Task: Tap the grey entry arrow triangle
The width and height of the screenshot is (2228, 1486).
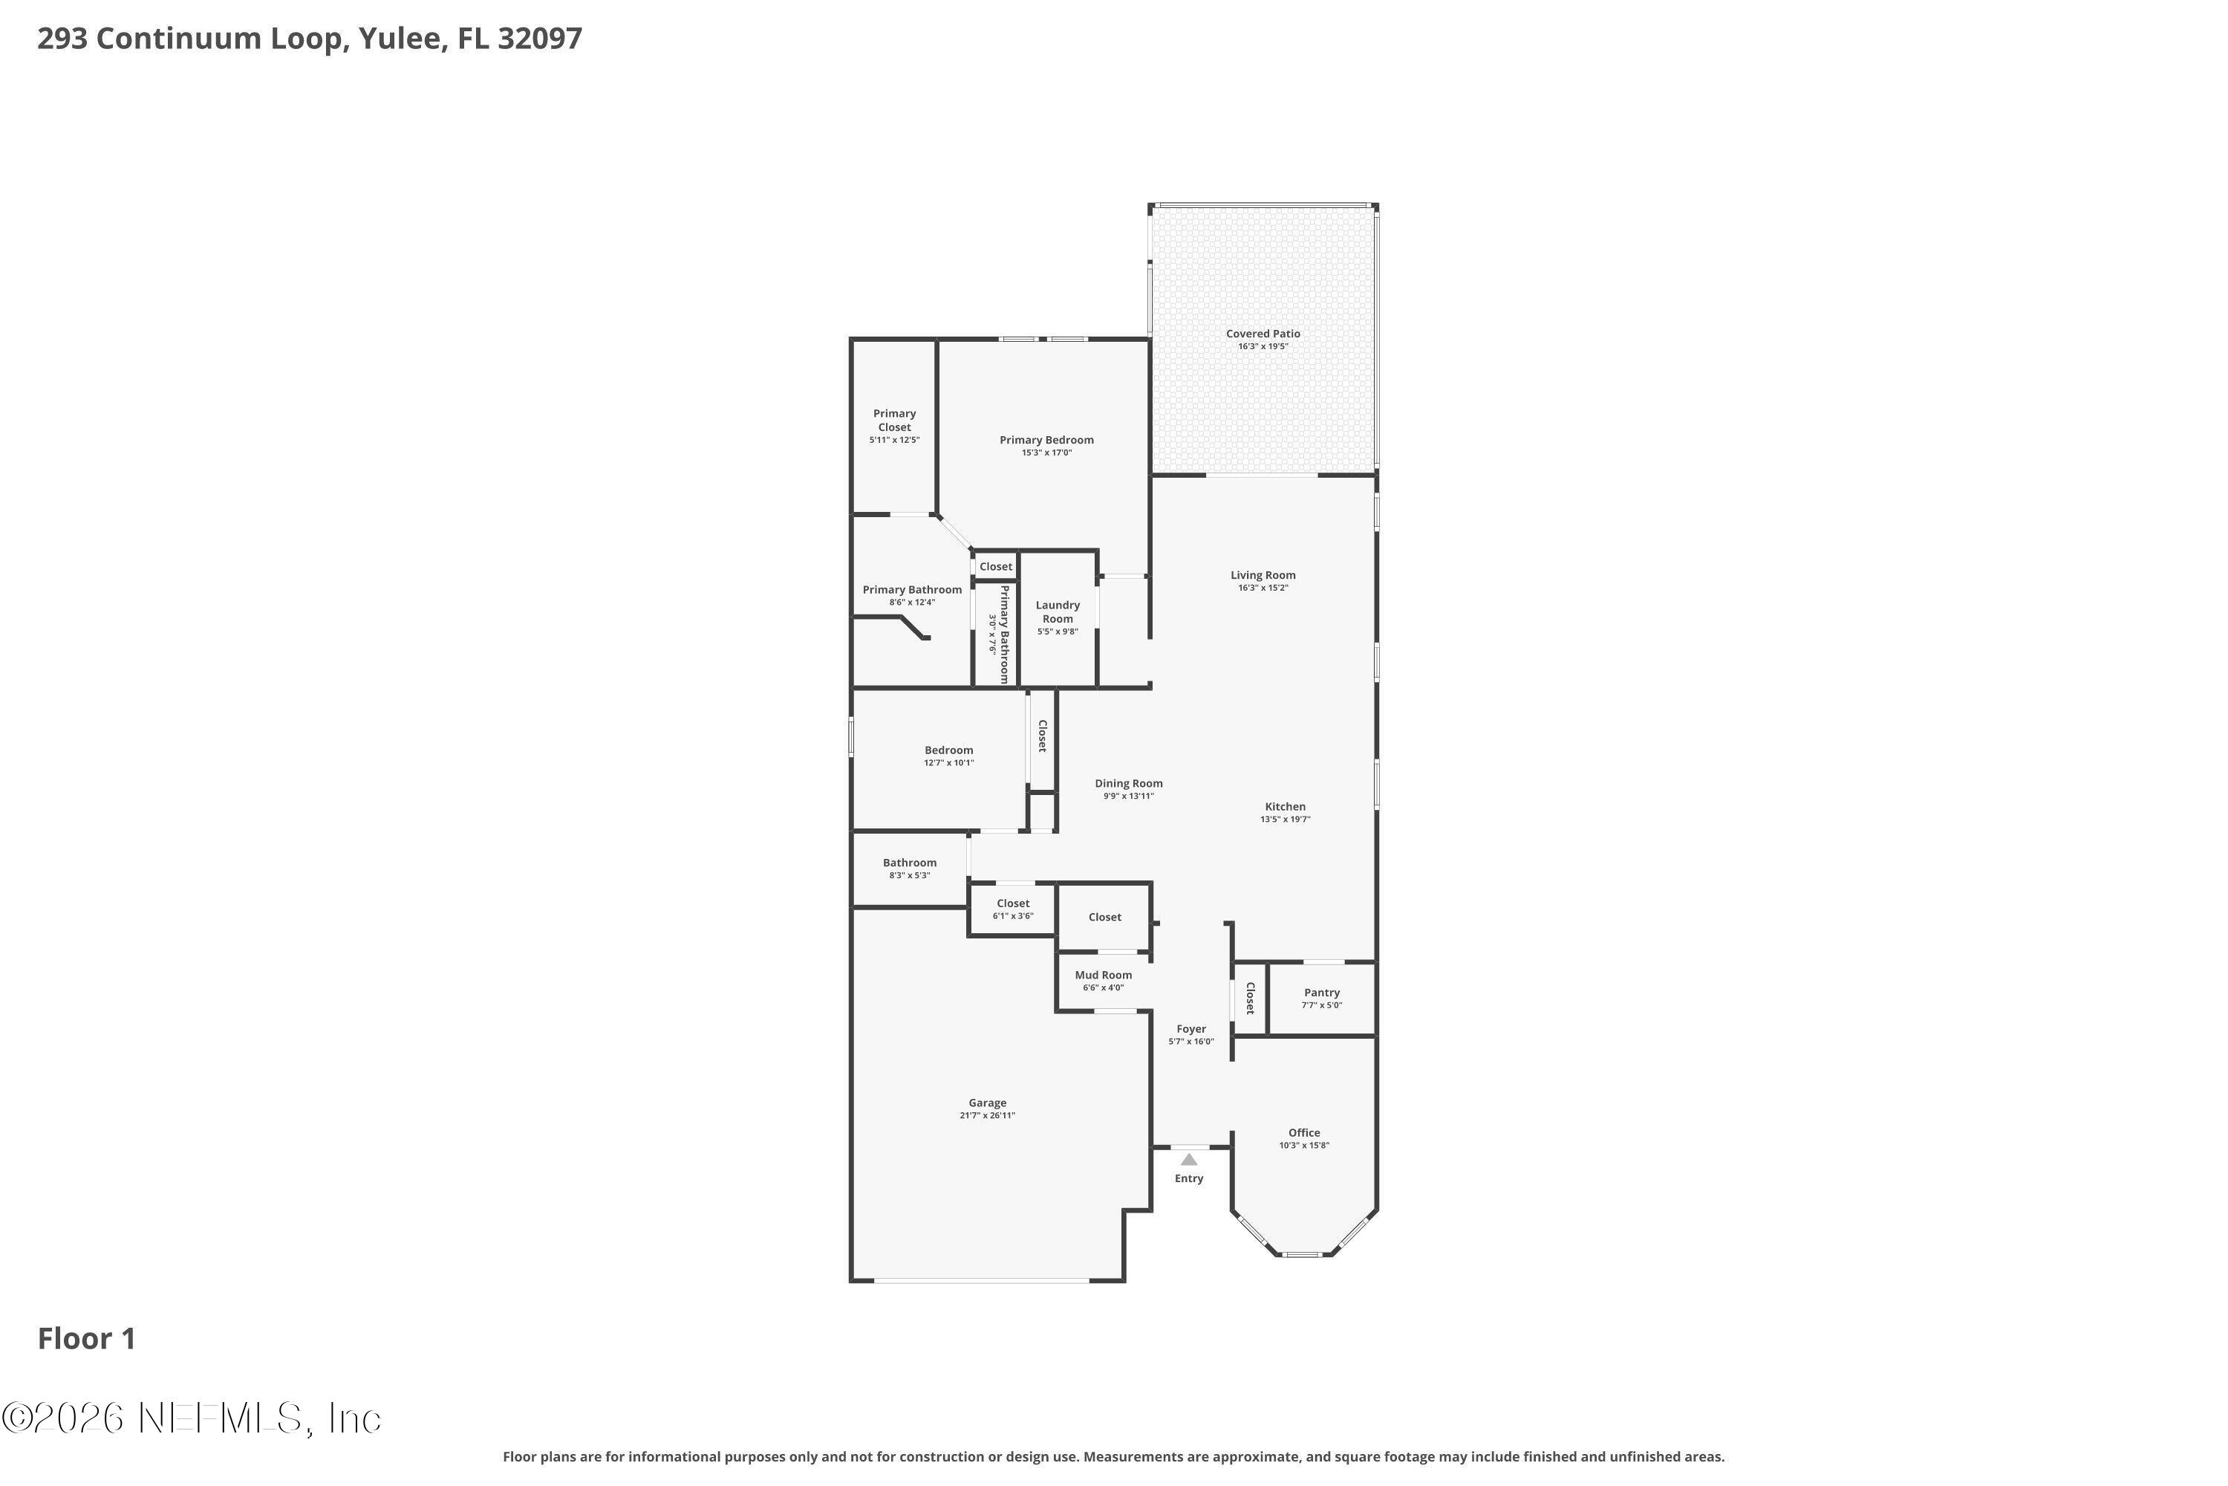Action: tap(1189, 1159)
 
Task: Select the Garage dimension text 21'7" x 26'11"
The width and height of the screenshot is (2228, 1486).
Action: tap(987, 1115)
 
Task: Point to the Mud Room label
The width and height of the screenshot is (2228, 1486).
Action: tap(1104, 975)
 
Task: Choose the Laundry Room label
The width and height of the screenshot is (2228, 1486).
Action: tap(1057, 611)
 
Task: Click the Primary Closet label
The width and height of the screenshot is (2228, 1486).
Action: tap(894, 420)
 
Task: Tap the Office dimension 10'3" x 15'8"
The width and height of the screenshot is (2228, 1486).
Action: tap(1304, 1145)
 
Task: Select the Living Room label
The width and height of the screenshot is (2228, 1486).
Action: tap(1263, 575)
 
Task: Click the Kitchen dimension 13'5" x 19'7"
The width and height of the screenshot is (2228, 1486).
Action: tap(1286, 820)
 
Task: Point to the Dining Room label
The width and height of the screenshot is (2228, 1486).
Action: tap(1128, 784)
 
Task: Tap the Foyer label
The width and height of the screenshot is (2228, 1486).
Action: tap(1190, 1029)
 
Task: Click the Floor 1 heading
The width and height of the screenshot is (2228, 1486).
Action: tap(86, 1339)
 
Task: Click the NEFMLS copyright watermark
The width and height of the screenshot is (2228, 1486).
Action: tap(192, 1418)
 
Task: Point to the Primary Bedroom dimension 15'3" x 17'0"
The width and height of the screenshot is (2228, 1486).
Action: tap(1046, 453)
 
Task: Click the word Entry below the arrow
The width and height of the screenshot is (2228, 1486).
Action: tap(1189, 1179)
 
